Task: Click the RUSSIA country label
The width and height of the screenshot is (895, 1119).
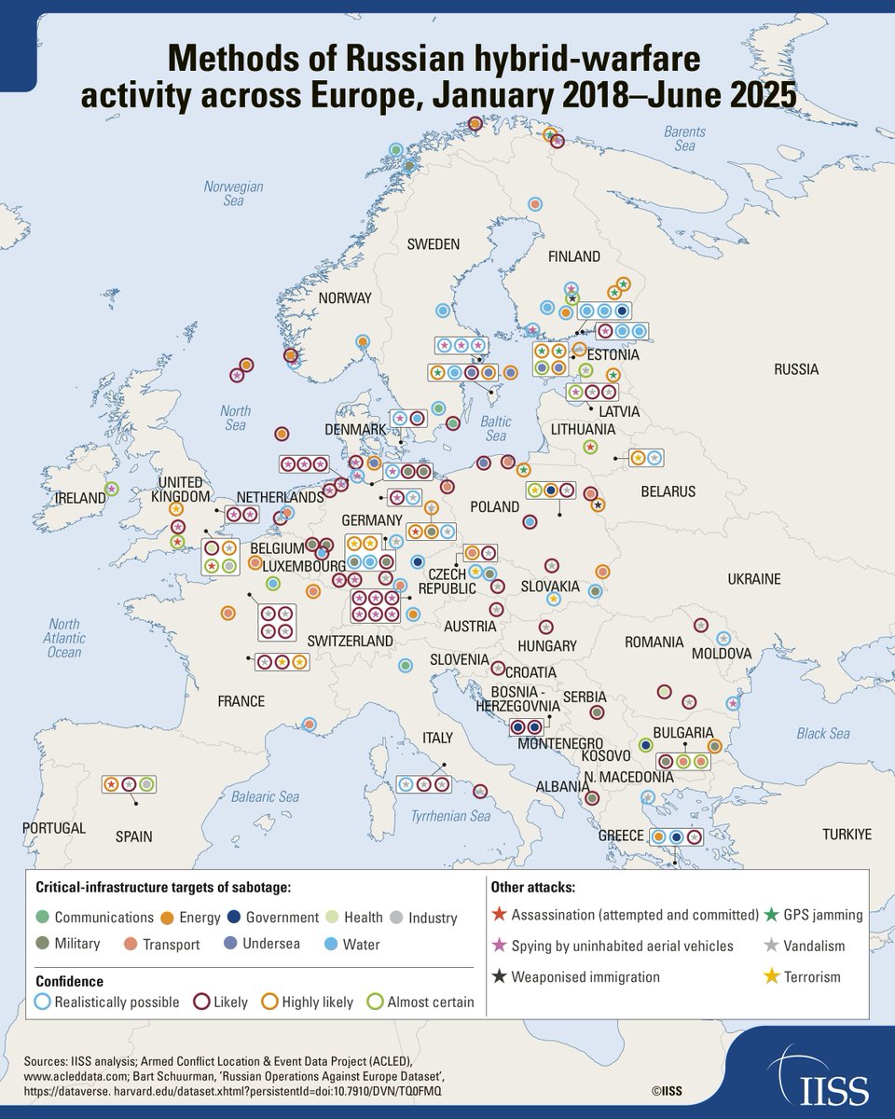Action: [x=795, y=369]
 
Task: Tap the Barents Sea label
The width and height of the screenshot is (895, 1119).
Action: [x=684, y=139]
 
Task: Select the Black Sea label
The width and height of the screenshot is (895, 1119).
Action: [x=823, y=734]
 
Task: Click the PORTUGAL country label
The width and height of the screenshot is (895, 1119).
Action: [x=54, y=828]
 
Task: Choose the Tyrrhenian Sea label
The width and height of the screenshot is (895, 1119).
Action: [x=451, y=817]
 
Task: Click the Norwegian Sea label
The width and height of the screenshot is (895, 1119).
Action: [x=233, y=193]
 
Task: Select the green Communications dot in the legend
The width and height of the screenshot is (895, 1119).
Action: [x=42, y=918]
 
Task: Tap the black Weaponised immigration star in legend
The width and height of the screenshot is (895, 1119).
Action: [x=501, y=976]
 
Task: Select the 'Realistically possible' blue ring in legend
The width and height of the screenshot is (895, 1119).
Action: [x=42, y=1002]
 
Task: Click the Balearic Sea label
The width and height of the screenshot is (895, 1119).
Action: [x=265, y=796]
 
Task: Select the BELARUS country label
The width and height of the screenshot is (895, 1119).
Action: [x=667, y=491]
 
